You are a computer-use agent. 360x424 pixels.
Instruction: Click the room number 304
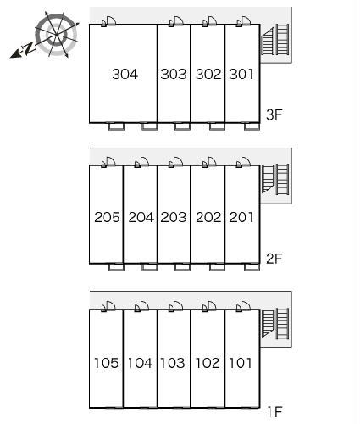(125, 74)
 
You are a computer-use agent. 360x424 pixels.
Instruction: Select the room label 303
(174, 74)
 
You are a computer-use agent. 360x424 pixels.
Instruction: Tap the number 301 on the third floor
(241, 74)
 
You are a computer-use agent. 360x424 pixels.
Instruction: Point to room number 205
(107, 217)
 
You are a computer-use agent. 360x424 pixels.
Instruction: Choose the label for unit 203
(174, 217)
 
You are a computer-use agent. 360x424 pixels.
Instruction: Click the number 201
(241, 217)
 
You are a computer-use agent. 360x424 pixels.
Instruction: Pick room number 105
(106, 363)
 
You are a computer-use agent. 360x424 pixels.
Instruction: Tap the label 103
(173, 363)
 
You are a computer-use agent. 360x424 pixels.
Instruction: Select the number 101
(240, 363)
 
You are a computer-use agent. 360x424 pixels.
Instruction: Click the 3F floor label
(274, 114)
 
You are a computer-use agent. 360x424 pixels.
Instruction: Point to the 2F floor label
(274, 259)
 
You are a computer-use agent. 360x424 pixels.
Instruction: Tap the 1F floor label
(274, 412)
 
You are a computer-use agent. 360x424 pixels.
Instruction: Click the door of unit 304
(108, 21)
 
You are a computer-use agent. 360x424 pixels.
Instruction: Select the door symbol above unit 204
(141, 162)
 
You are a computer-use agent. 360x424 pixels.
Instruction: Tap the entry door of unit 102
(209, 306)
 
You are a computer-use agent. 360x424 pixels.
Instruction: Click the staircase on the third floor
(275, 40)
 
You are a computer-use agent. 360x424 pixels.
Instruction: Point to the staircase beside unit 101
(275, 324)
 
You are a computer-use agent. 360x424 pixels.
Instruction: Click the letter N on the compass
(29, 48)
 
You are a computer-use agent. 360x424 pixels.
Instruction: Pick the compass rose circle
(57, 35)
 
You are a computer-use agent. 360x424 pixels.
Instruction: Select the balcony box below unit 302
(217, 126)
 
